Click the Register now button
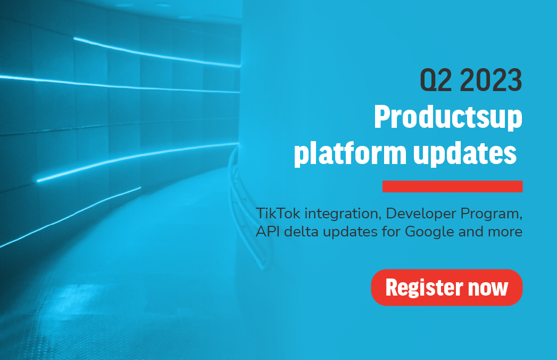pyautogui.click(x=446, y=288)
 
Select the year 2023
pyautogui.click(x=491, y=80)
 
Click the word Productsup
pyautogui.click(x=448, y=117)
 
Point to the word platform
pyautogui.click(x=350, y=153)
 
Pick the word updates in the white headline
pyautogui.click(x=465, y=153)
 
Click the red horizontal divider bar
pyautogui.click(x=452, y=186)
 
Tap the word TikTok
pyautogui.click(x=278, y=214)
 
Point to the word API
pyautogui.click(x=268, y=232)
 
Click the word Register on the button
pyautogui.click(x=425, y=288)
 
